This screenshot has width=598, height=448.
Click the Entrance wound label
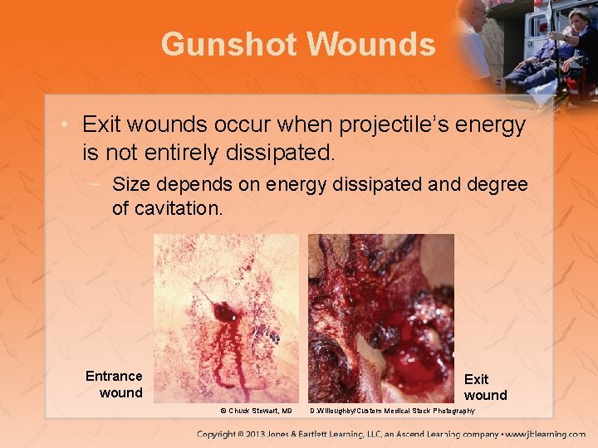(115, 384)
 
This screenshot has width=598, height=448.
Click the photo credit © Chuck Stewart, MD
(256, 411)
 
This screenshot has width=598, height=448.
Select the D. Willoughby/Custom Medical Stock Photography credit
(392, 411)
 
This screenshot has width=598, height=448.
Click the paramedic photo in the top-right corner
(532, 46)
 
